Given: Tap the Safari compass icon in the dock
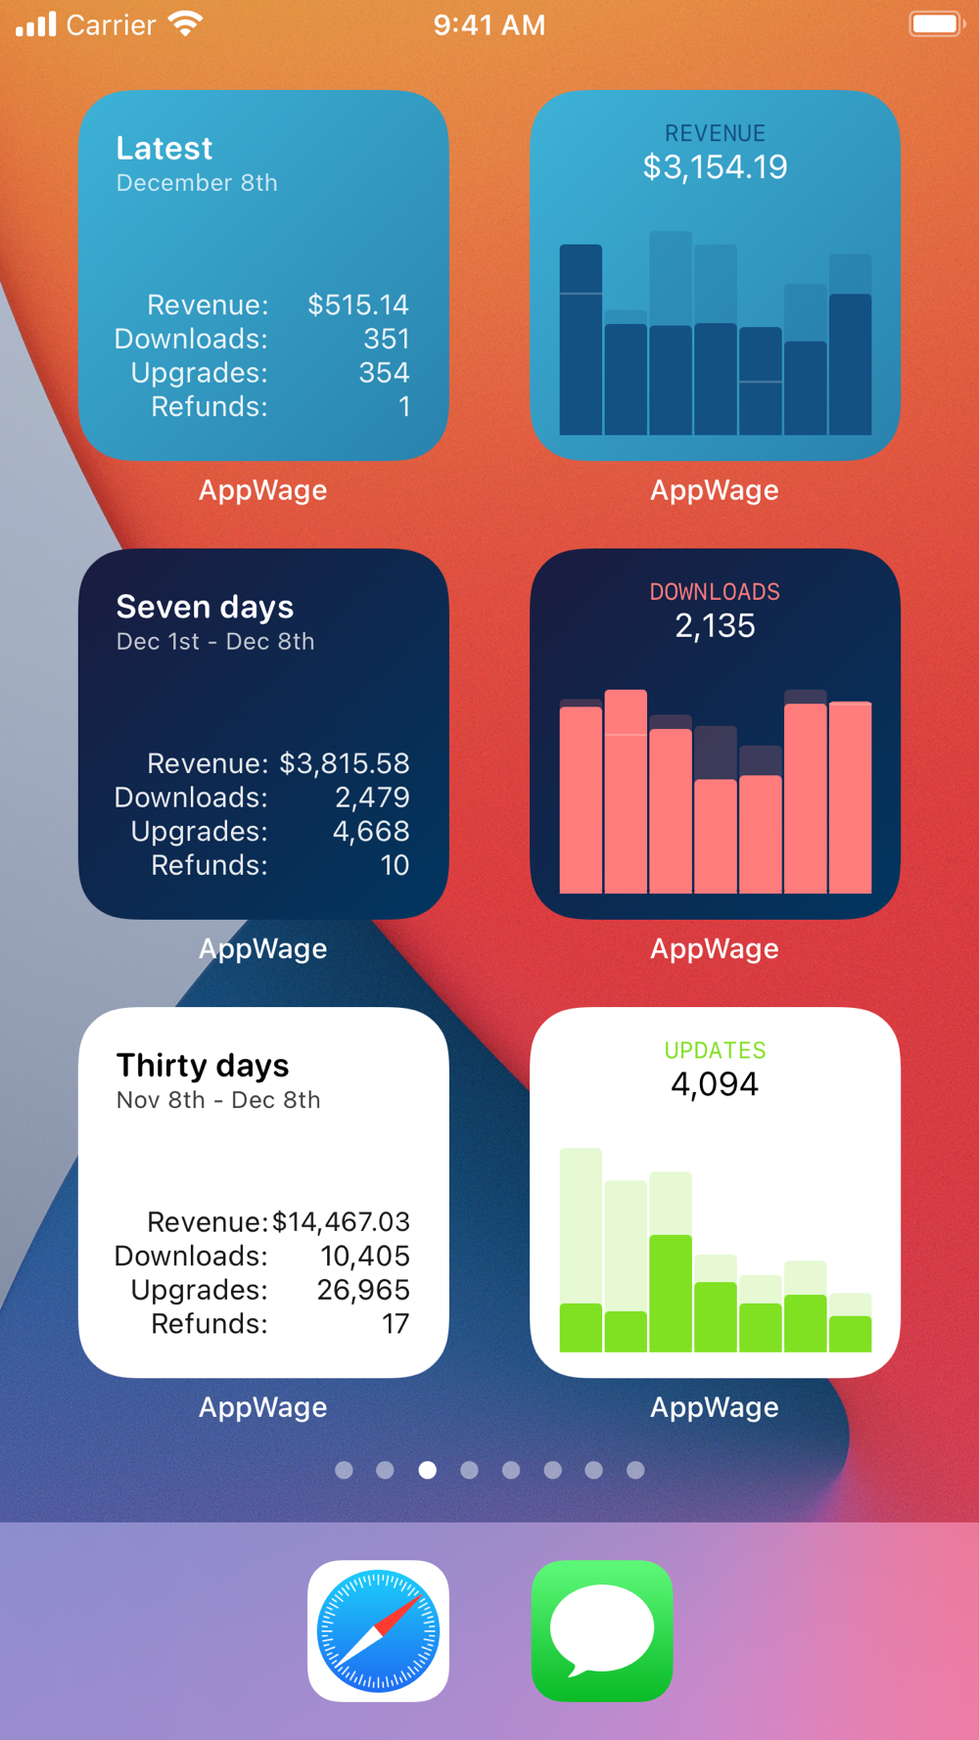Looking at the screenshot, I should click(378, 1630).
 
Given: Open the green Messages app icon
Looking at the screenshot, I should click(601, 1630).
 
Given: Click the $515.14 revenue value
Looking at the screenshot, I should click(358, 305).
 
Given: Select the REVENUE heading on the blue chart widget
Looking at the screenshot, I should click(715, 133).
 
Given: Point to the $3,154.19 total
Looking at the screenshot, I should click(715, 167).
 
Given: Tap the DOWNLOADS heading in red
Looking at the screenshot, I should click(715, 592).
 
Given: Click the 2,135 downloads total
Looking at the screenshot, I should click(715, 626).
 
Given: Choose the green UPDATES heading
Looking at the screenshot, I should click(715, 1050).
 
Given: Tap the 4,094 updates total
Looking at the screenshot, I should click(715, 1084).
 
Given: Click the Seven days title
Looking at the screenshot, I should click(205, 607).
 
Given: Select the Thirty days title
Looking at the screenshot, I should click(203, 1065).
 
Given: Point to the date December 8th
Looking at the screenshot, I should click(197, 183).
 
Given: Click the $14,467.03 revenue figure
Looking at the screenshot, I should click(341, 1221).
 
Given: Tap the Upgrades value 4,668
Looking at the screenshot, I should click(371, 831).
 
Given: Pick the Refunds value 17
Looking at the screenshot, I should click(396, 1324).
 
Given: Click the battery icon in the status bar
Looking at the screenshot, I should click(936, 23).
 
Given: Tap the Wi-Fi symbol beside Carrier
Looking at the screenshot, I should click(185, 23).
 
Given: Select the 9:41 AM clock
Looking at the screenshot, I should click(489, 24).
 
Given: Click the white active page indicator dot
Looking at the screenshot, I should click(428, 1470).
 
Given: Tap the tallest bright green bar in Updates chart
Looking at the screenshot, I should click(671, 1294).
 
